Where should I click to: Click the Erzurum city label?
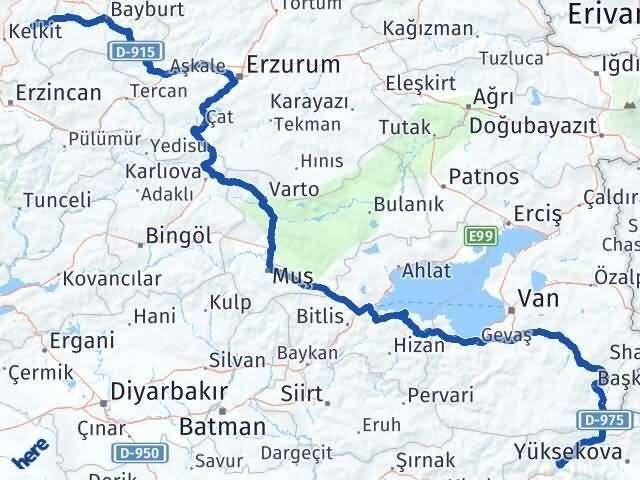click(x=293, y=65)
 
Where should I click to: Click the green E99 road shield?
click(x=480, y=236)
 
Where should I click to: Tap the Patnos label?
click(x=484, y=177)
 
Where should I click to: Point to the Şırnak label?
click(x=427, y=459)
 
